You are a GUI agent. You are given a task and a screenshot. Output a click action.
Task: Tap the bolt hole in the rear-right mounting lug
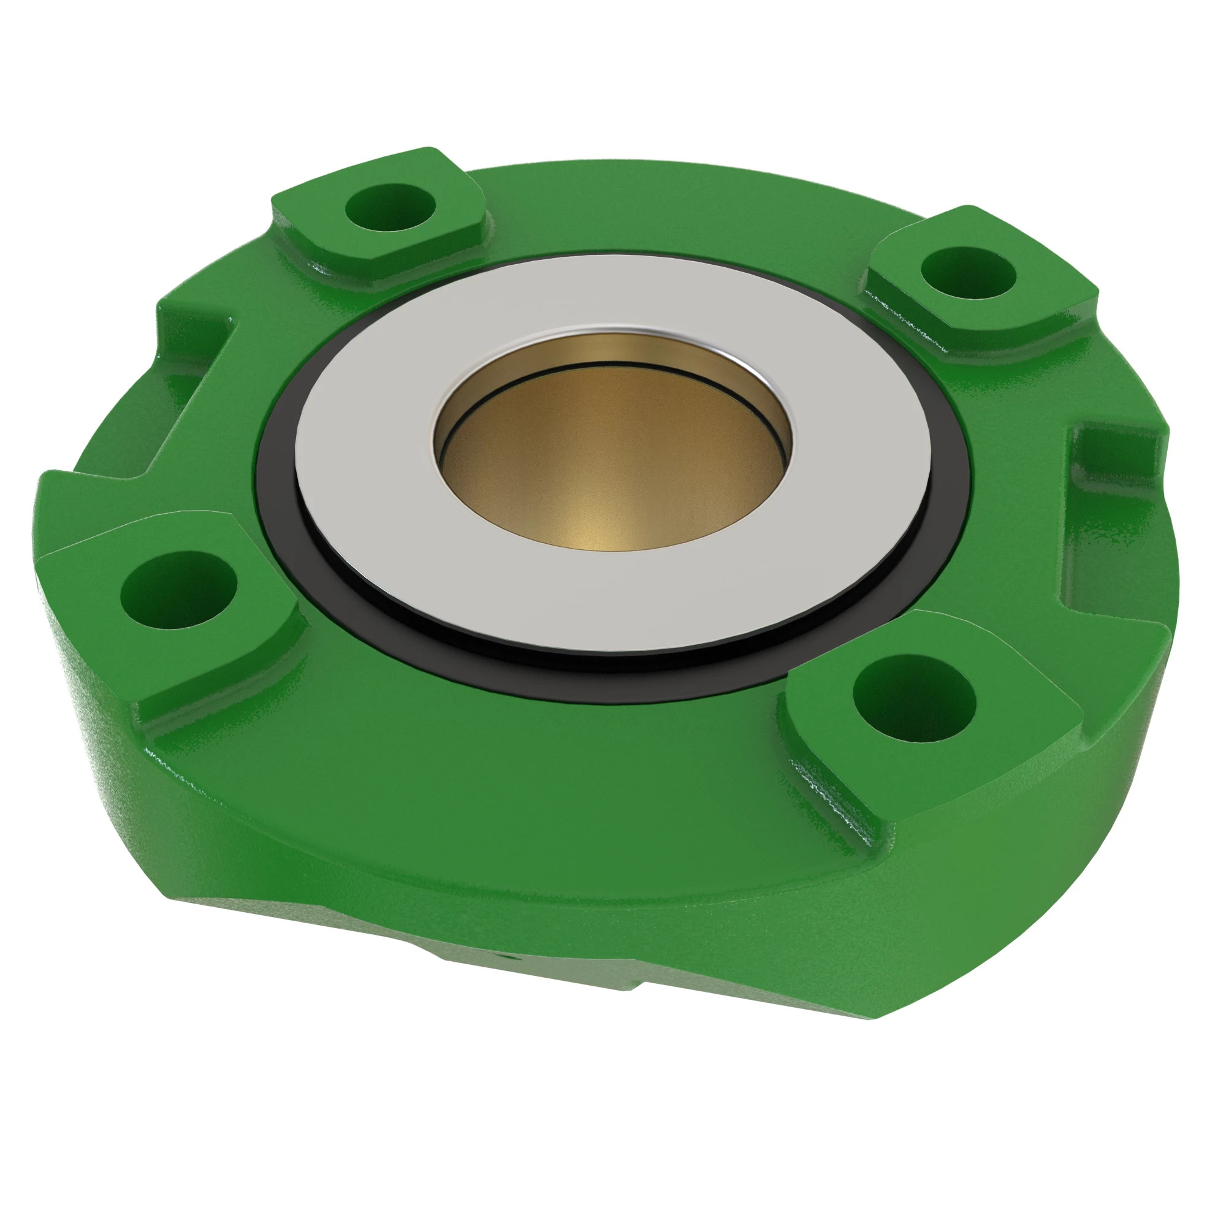[967, 274]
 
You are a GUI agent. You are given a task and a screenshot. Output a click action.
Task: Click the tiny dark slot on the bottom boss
[501, 973]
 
